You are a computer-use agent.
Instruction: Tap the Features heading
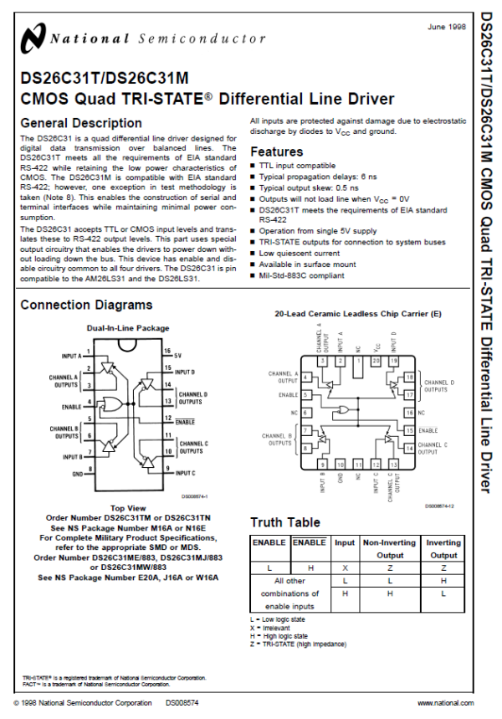(277, 152)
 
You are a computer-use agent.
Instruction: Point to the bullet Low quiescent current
(299, 253)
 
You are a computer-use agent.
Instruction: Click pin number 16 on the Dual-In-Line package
(167, 352)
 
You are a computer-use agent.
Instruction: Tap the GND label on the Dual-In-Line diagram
(77, 473)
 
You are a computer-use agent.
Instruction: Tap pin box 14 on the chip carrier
(409, 448)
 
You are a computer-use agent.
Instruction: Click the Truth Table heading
(284, 522)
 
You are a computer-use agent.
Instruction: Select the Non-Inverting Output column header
(389, 548)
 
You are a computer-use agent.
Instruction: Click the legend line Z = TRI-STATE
(299, 644)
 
